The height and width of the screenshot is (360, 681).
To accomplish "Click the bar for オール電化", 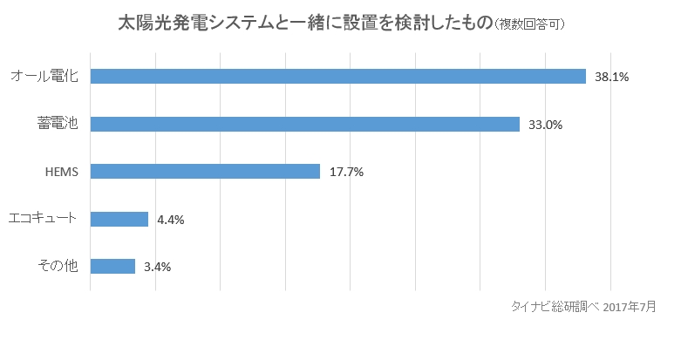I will point(337,77).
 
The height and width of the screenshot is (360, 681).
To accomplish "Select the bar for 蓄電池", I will point(304,124).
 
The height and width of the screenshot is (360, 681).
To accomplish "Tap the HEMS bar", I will point(205,172).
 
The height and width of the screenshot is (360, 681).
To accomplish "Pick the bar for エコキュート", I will point(119,219).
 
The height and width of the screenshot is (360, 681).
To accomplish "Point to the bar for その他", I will point(112,267).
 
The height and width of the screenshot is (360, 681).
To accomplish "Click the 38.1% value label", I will point(611,77).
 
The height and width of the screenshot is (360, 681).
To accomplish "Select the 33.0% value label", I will point(545,125).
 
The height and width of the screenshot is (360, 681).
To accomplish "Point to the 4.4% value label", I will point(171,220).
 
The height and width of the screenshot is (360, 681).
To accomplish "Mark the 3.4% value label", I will point(157,267).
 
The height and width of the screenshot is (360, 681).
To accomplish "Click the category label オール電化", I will point(44,77).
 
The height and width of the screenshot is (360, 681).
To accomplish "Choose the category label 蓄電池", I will point(58,124).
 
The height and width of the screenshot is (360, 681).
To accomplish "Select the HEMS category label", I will point(62,172).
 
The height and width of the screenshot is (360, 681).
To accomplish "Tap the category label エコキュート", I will point(43,219).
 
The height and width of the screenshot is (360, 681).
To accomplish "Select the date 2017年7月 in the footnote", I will point(629,306).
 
